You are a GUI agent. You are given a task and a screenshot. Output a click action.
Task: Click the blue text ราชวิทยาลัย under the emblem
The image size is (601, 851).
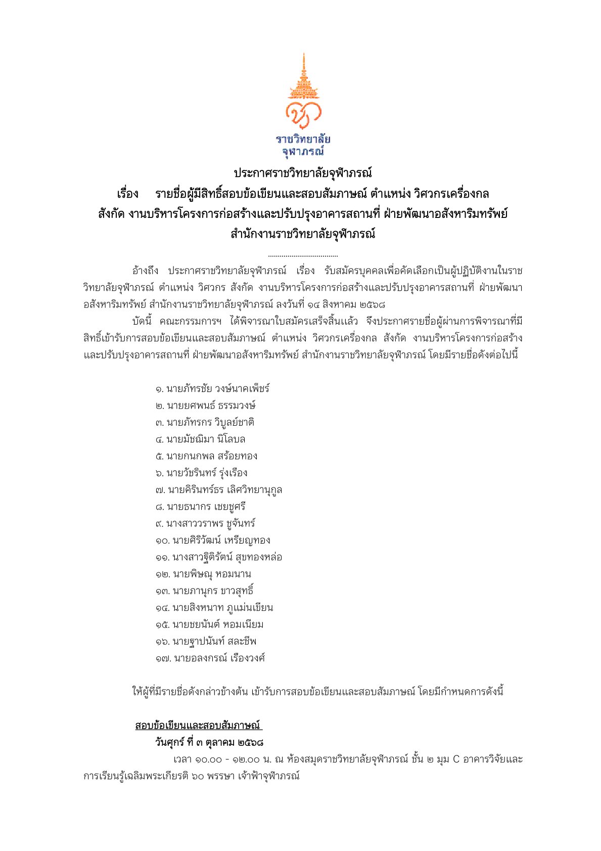tap(303, 140)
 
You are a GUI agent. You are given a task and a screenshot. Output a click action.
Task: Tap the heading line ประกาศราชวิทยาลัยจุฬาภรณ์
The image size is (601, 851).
tap(302, 173)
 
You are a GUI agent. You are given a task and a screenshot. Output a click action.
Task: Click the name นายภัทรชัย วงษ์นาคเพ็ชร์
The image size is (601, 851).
tap(217, 389)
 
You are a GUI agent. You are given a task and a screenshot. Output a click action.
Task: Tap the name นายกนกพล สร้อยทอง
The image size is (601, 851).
tap(212, 456)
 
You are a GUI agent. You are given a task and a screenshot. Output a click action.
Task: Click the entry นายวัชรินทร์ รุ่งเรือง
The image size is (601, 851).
tap(207, 473)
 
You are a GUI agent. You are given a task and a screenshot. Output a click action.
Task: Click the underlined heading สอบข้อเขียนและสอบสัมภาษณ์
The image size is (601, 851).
tap(198, 726)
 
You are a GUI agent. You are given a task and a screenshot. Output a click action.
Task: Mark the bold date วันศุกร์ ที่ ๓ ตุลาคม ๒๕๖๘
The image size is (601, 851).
tap(209, 742)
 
